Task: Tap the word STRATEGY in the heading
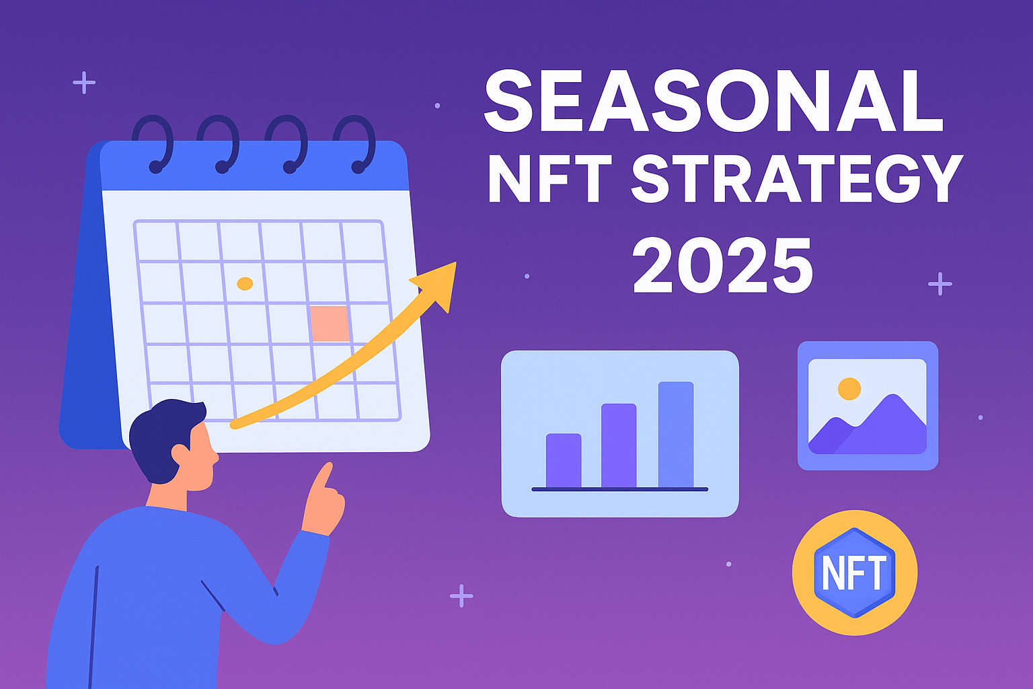(797, 178)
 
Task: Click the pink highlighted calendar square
(330, 323)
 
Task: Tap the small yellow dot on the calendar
(245, 284)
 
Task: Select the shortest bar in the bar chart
(564, 460)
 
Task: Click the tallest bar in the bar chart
(675, 434)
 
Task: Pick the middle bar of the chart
(619, 445)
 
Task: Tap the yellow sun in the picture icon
(849, 388)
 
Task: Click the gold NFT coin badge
(854, 573)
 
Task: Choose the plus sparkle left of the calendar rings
(84, 83)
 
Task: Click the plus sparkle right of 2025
(940, 284)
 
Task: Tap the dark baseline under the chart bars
(619, 489)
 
